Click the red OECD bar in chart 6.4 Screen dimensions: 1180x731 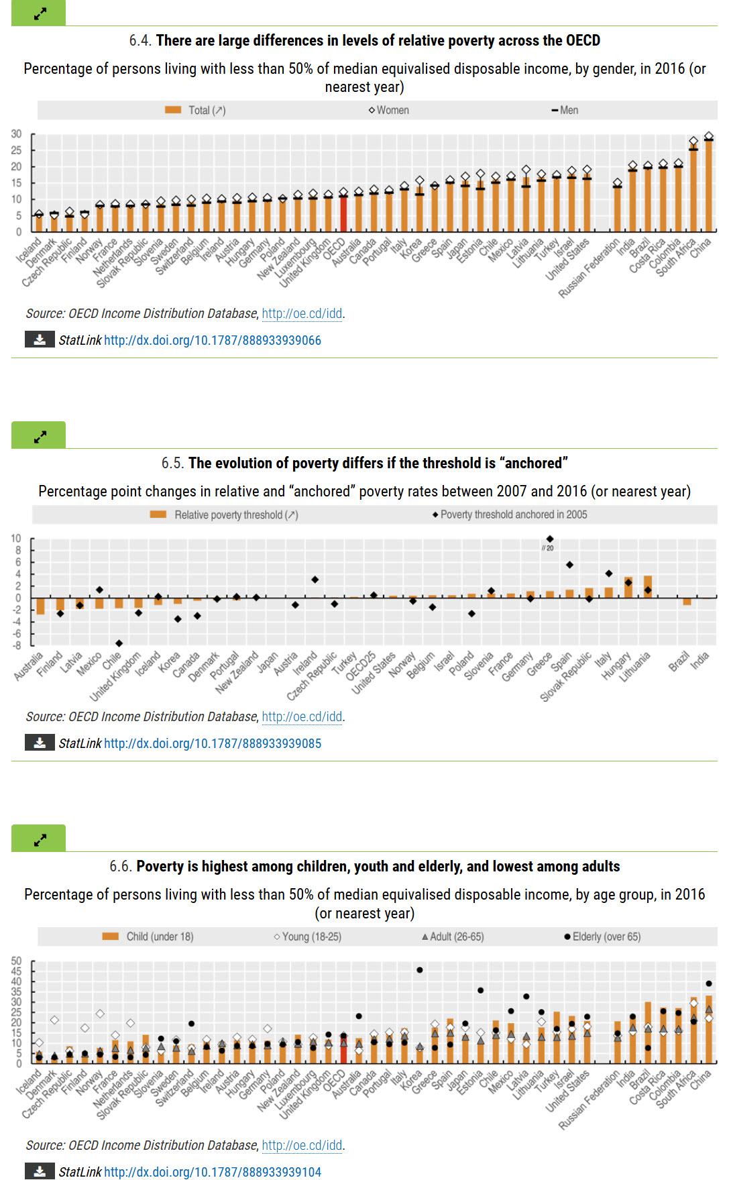coord(343,213)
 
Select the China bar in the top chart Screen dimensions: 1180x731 coord(709,185)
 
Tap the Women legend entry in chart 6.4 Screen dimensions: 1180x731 coord(389,110)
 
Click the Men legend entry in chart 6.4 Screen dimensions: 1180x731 coord(565,110)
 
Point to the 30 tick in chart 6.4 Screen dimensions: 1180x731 coord(16,134)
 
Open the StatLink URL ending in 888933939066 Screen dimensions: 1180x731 coord(212,340)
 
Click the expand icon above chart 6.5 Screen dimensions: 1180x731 coord(40,437)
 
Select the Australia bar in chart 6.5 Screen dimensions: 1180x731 coord(40,606)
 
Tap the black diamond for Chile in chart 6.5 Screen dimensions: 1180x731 coord(119,643)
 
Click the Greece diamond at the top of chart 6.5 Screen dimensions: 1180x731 coord(550,539)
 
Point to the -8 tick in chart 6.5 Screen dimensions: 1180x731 coord(16,645)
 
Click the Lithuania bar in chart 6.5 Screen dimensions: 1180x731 coord(648,586)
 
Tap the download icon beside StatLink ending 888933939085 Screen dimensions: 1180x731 coord(40,743)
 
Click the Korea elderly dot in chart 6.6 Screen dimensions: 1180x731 coord(420,970)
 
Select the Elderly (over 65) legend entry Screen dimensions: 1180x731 coord(602,936)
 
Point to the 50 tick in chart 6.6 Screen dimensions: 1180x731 coord(16,961)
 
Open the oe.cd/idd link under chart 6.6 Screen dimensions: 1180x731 coord(302,1145)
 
